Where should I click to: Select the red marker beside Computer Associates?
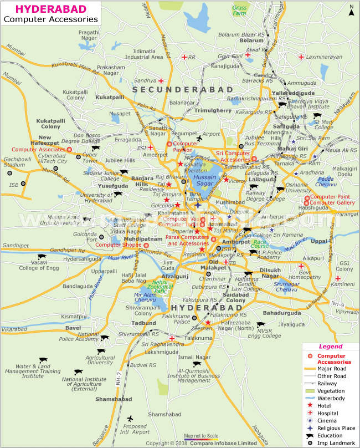(x=69, y=149)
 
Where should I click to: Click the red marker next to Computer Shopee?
(x=146, y=245)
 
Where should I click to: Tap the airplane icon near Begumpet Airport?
(x=199, y=138)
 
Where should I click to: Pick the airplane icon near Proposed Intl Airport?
(x=130, y=418)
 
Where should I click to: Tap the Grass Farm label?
(x=240, y=10)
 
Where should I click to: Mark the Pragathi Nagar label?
(x=89, y=35)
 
